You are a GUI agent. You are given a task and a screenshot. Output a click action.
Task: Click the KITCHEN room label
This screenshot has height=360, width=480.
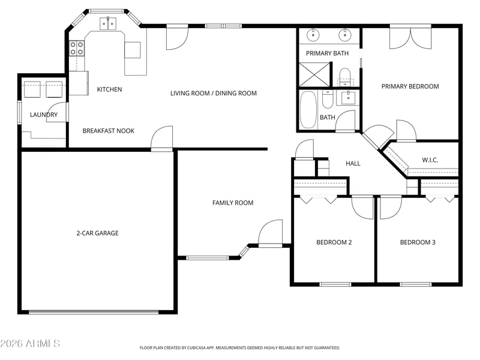109,89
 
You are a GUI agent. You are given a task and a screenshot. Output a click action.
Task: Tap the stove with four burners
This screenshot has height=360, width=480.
77,49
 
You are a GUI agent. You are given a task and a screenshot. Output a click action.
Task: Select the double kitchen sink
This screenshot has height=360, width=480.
108,23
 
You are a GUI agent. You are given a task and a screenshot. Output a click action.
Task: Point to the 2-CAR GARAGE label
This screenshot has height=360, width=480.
97,233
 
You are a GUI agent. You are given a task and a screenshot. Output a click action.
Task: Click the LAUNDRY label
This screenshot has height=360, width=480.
44,115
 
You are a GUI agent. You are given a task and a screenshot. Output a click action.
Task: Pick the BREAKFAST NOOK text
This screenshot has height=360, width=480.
109,131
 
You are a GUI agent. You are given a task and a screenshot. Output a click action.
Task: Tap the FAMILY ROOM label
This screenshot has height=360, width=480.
233,203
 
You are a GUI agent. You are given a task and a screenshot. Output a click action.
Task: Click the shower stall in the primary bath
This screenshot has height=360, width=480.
314,74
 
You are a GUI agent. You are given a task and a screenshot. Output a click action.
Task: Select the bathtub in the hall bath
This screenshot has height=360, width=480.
308,110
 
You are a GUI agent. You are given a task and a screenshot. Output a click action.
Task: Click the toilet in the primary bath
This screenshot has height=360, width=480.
345,77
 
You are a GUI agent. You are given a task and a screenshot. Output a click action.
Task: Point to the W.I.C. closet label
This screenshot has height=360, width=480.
430,160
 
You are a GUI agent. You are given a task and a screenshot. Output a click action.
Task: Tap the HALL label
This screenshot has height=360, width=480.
353,163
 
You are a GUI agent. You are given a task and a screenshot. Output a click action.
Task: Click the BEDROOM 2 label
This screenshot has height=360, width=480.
334,242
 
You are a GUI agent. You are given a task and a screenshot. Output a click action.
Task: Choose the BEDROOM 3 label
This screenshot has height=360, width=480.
418,242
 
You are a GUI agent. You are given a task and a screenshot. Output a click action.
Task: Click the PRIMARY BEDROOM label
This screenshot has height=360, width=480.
410,86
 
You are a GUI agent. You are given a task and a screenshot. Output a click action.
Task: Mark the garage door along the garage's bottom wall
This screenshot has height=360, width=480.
94,312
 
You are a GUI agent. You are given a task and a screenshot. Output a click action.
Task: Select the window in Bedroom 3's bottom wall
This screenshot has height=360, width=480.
415,284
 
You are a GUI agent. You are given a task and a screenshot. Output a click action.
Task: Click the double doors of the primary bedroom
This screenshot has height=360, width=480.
410,38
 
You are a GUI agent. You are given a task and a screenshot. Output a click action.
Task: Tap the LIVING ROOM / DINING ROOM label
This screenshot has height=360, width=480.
214,94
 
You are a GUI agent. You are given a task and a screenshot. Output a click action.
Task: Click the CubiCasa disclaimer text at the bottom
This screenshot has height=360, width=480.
239,348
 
